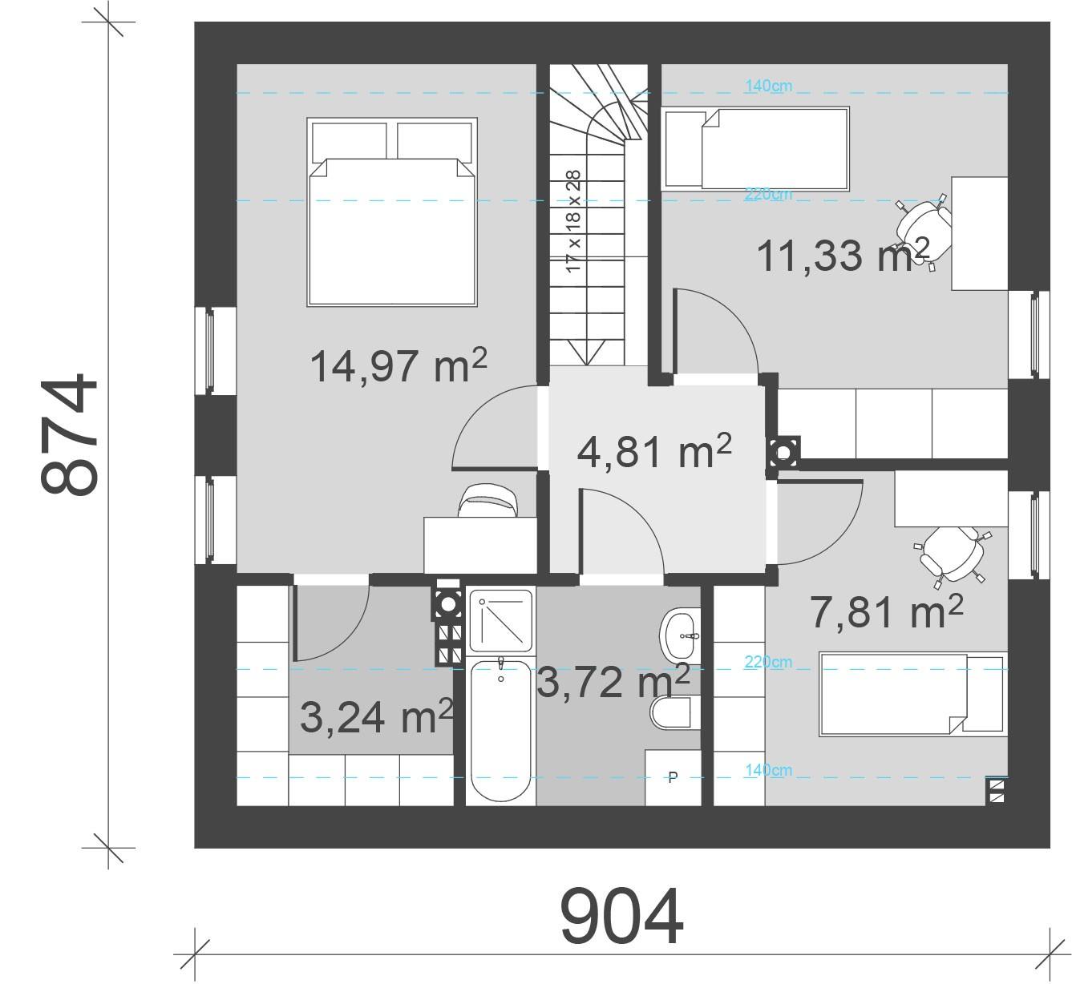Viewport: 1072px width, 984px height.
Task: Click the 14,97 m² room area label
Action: point(398,366)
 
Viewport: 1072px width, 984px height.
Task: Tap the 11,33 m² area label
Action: point(843,255)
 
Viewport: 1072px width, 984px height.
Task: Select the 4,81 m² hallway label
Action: point(653,451)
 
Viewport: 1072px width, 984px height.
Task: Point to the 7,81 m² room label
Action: point(886,613)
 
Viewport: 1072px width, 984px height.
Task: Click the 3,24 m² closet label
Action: point(376,717)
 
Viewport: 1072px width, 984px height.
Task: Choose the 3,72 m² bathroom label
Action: point(613,683)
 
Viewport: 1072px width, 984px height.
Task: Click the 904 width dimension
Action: point(621,917)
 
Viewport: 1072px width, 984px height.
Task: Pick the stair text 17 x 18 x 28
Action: point(573,221)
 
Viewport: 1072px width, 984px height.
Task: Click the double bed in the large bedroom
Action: point(392,212)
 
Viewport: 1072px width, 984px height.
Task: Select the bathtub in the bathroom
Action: point(500,731)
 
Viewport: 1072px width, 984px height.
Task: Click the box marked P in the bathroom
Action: point(673,776)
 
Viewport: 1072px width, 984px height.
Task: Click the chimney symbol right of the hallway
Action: point(782,453)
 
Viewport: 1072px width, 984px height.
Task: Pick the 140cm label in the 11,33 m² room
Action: point(767,86)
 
